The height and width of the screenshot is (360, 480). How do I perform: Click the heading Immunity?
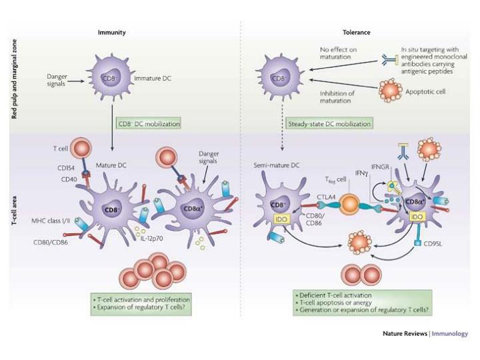[111, 32]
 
